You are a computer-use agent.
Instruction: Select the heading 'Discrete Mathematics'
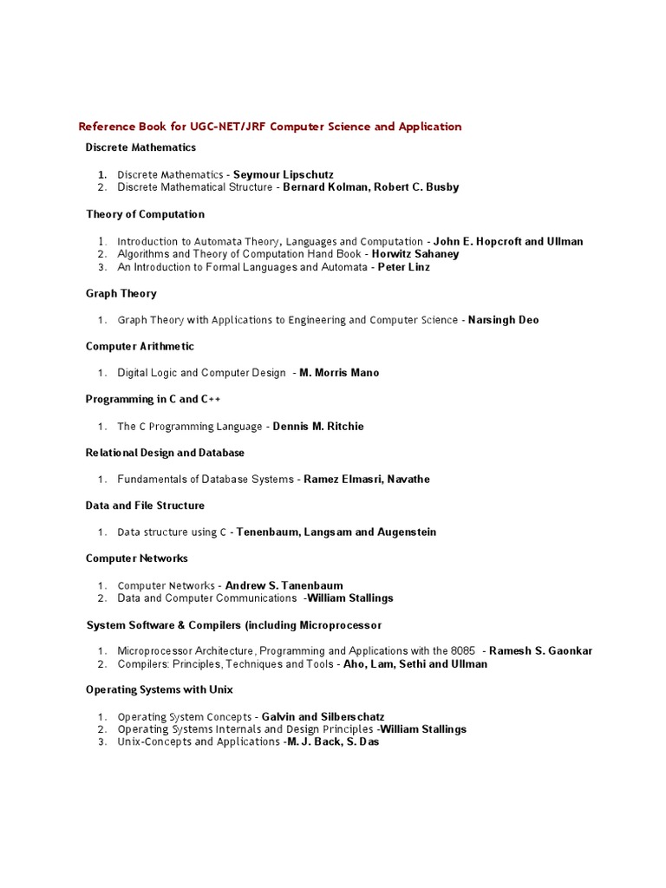coord(140,147)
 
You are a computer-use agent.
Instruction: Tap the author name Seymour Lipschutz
coord(283,174)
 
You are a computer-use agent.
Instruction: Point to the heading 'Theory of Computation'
coord(145,214)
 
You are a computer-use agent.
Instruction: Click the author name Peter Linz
coord(403,267)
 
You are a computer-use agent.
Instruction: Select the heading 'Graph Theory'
coord(121,294)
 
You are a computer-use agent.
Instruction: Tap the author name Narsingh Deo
coord(503,320)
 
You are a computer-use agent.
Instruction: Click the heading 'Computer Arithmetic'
coord(140,347)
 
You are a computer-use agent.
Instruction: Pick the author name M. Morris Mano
coord(339,373)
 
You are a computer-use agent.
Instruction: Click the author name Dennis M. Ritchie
coord(318,427)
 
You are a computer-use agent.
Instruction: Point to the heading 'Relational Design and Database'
coord(165,453)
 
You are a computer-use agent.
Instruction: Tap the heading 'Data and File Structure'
coord(145,506)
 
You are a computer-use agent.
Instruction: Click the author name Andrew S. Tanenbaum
coord(284,585)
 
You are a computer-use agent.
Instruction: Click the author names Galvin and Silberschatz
coord(323,717)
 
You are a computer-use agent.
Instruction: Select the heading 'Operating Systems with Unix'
coord(159,690)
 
